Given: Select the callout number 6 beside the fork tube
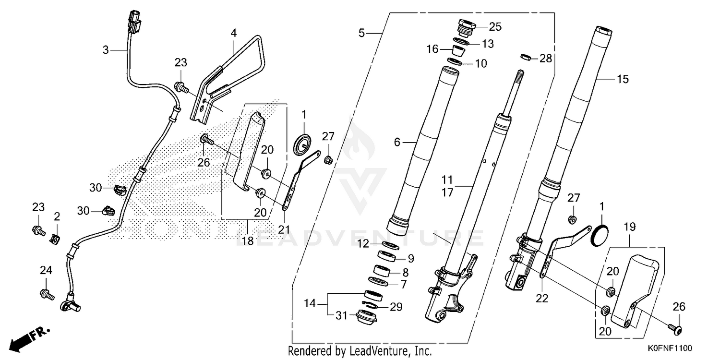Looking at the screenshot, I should pyautogui.click(x=397, y=142).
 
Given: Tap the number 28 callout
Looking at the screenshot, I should pyautogui.click(x=545, y=59).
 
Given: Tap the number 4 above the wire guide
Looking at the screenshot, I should pyautogui.click(x=233, y=34).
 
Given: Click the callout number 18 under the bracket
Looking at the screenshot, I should pyautogui.click(x=247, y=241).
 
